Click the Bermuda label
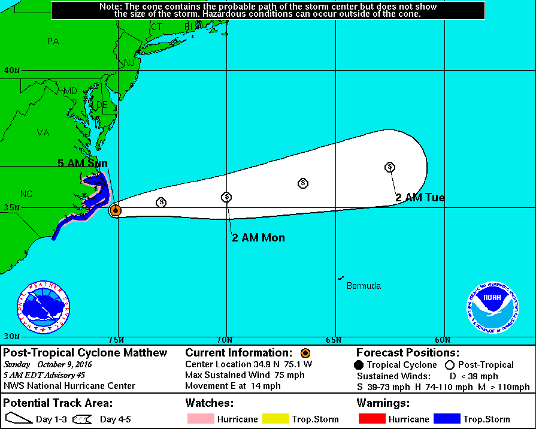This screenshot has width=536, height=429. [364, 286]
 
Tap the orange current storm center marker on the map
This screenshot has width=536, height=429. [116, 210]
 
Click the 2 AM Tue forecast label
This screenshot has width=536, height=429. [420, 198]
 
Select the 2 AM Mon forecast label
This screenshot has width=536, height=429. [258, 238]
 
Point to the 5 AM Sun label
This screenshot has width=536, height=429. [83, 164]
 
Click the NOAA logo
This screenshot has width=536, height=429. [492, 307]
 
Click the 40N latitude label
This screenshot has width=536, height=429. [12, 71]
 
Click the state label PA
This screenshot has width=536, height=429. [53, 41]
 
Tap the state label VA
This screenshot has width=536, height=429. [43, 133]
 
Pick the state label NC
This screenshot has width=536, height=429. [26, 194]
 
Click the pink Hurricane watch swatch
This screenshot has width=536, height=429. [201, 419]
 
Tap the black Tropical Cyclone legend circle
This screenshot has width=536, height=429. [359, 365]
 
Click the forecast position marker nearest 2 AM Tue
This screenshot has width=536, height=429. [390, 167]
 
